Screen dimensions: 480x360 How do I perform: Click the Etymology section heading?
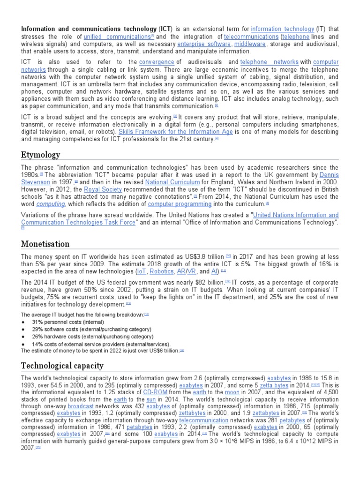[x=41, y=155]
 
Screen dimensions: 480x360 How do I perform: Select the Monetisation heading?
[x=45, y=244]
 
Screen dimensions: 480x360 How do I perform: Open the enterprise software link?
[x=204, y=44]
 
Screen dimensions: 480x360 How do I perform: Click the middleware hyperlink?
[x=249, y=44]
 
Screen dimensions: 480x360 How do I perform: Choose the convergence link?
[x=157, y=62]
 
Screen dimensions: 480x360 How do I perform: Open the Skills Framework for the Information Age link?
[x=176, y=132]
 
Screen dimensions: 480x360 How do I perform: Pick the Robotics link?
[x=161, y=271]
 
